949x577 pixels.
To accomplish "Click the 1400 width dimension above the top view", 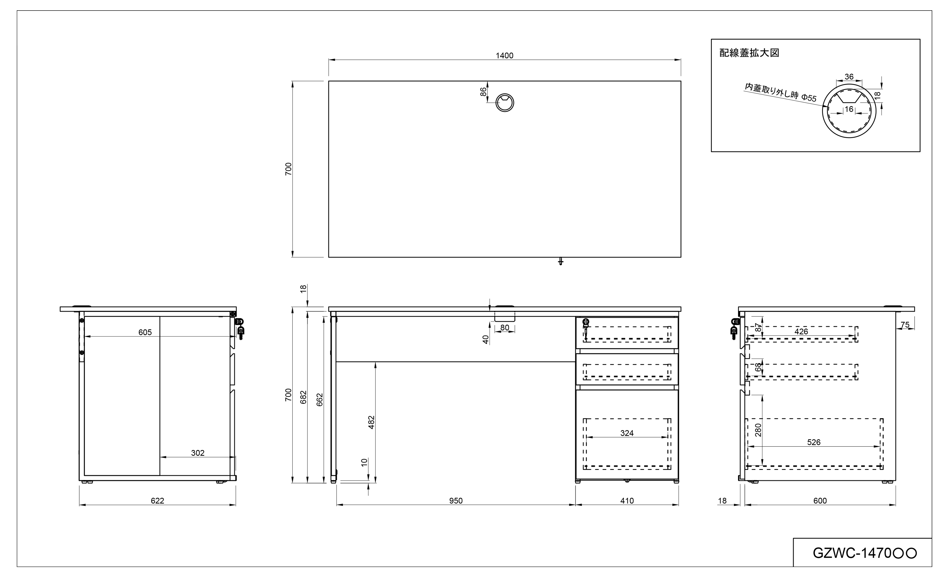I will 504,55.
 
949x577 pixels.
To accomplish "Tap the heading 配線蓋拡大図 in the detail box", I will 749,53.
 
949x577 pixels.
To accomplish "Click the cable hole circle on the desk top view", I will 504,103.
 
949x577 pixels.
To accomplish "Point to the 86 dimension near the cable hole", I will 483,92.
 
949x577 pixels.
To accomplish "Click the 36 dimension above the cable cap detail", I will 849,77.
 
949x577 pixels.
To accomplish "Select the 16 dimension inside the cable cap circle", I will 849,109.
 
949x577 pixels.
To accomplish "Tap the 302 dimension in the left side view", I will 197,453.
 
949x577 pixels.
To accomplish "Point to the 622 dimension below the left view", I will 157,501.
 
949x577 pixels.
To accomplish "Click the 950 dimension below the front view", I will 456,501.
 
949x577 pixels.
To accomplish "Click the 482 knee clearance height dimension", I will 371,422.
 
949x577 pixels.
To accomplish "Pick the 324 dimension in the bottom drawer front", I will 627,433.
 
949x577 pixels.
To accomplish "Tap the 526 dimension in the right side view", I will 814,442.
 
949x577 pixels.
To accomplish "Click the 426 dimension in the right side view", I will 801,331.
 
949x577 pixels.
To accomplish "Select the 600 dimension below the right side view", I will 820,501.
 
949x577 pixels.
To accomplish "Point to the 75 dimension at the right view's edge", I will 905,325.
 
